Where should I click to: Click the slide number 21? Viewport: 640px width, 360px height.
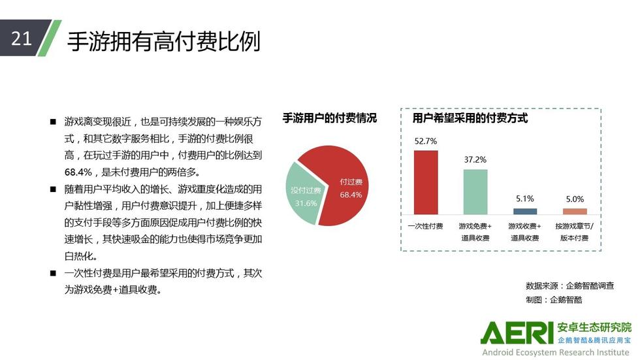[x=21, y=39]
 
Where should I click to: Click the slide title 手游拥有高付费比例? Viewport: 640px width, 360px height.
[x=164, y=41]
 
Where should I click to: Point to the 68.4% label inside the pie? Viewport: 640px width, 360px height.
[x=351, y=195]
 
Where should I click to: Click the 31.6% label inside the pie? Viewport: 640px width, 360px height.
[x=306, y=203]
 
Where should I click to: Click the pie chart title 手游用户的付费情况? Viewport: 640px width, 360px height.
[x=330, y=118]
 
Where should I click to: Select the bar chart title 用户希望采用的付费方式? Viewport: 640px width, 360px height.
[x=470, y=118]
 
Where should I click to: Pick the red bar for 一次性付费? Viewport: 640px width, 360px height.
[x=426, y=182]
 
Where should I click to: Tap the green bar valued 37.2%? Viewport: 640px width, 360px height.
[x=475, y=192]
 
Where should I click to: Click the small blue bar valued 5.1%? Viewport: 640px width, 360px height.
[x=525, y=212]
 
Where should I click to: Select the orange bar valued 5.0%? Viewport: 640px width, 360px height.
[x=575, y=212]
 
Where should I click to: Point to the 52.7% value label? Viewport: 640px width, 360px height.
[x=426, y=141]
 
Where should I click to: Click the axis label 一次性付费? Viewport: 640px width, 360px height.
[x=425, y=226]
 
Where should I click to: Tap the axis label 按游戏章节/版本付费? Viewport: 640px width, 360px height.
[x=575, y=232]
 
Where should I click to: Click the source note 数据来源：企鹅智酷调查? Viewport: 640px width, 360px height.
[x=569, y=286]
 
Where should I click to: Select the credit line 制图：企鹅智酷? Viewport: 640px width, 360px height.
[x=554, y=300]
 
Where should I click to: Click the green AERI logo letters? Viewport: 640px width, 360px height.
[x=517, y=333]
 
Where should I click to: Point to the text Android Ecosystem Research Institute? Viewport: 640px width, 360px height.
[x=556, y=352]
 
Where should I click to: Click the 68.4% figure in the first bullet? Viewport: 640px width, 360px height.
[x=78, y=172]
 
